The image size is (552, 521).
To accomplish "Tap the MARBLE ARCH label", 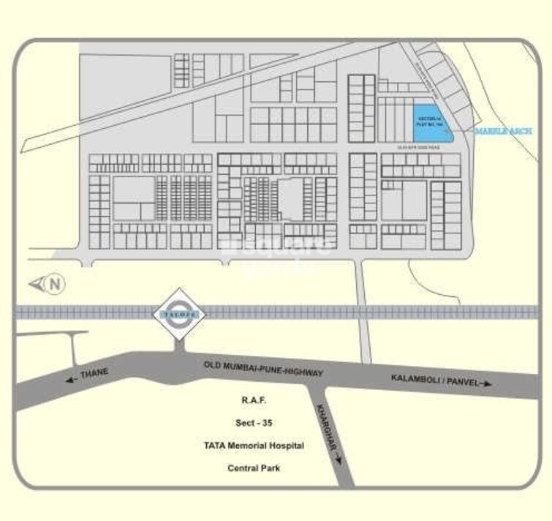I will pyautogui.click(x=504, y=131).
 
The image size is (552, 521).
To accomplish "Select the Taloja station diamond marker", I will pyautogui.click(x=179, y=312).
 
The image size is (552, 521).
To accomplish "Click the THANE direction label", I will pyautogui.click(x=94, y=374).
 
